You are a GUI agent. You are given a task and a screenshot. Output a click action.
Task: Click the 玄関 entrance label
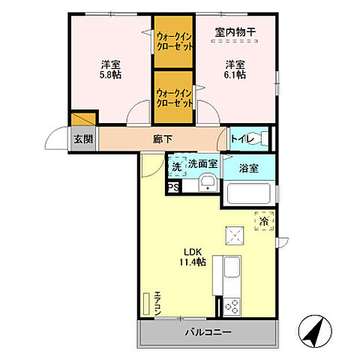pos(83,139)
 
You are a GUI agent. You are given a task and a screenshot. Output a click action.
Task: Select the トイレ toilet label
pos(241,138)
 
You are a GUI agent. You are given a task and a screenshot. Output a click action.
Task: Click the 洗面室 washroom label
pos(202,163)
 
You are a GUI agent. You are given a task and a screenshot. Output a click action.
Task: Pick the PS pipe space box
pos(173,187)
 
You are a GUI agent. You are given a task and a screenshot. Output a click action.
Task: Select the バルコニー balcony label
pos(208,332)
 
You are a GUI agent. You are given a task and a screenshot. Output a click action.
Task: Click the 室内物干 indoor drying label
pos(235,31)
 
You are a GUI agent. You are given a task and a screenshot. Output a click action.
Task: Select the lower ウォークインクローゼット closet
pos(175,97)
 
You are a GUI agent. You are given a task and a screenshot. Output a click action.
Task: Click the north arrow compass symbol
pos(315,331)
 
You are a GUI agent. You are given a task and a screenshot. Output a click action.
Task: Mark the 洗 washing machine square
pos(176,166)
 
